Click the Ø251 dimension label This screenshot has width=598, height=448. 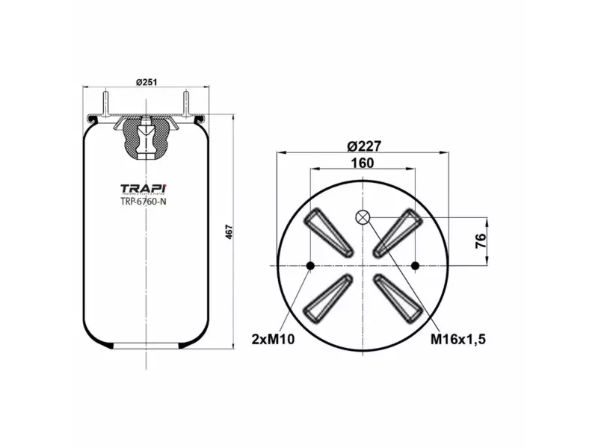(146, 81)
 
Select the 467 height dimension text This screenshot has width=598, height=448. (229, 232)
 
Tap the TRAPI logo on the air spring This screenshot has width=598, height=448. (144, 187)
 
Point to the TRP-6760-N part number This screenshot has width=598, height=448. (144, 201)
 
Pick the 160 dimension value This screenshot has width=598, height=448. (362, 164)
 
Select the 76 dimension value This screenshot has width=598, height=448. (481, 240)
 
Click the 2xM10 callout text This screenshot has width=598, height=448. (273, 340)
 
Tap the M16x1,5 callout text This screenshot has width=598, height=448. (458, 340)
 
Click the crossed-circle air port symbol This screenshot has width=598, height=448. (363, 217)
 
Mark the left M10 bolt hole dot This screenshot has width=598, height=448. (310, 265)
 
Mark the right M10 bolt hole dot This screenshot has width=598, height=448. (415, 265)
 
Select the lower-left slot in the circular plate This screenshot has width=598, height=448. (327, 298)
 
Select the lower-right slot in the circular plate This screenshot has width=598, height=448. (398, 298)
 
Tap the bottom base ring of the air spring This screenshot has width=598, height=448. (145, 344)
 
